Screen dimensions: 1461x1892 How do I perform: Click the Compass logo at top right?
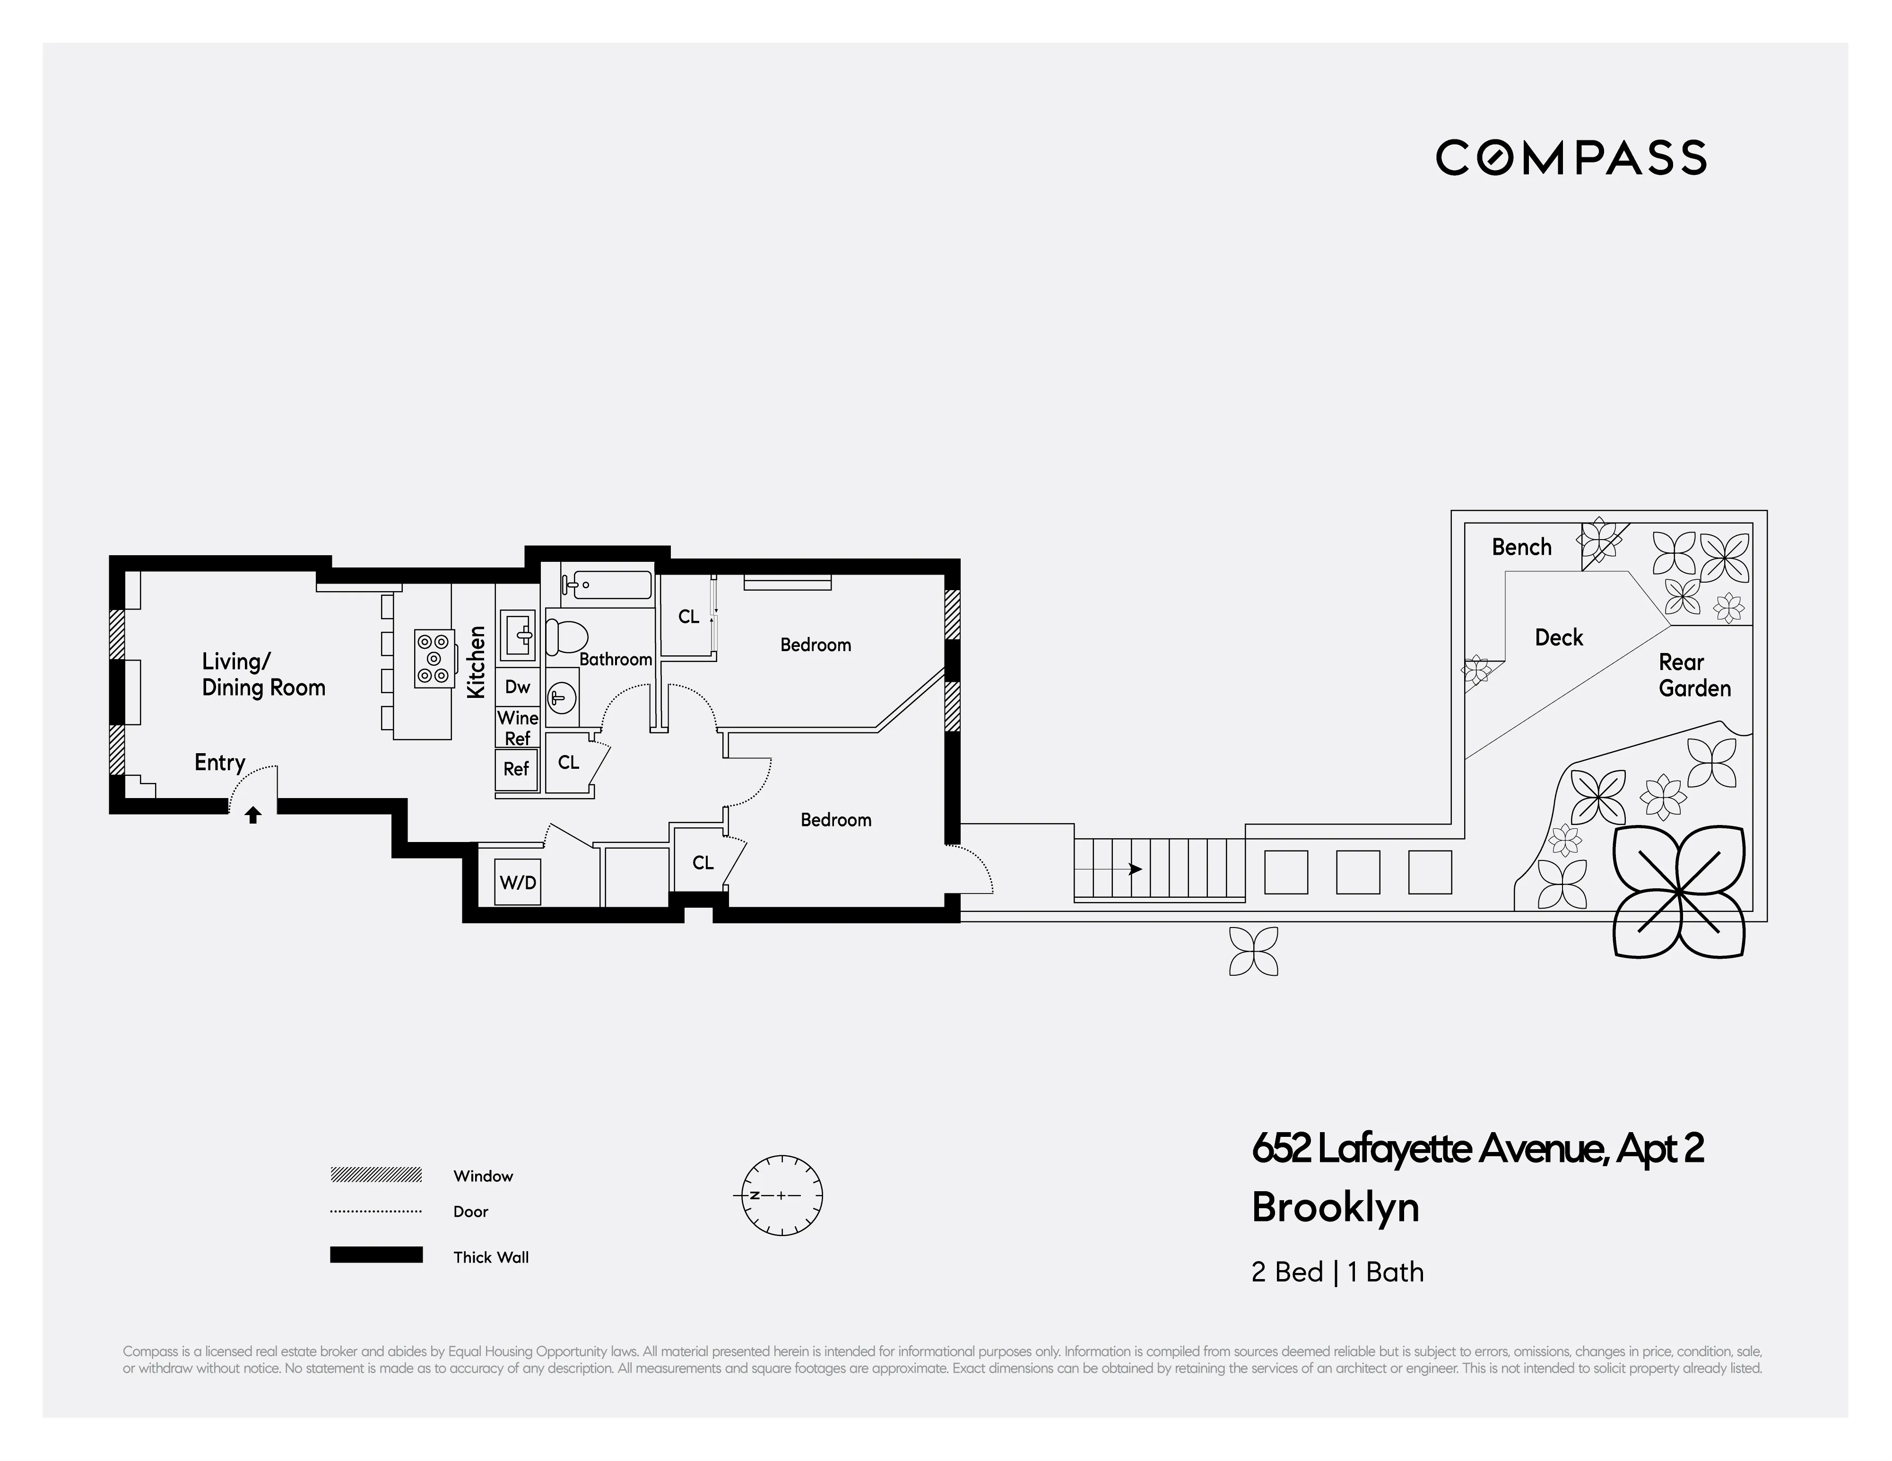click(x=1571, y=158)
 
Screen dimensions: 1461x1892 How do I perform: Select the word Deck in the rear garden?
click(x=1559, y=638)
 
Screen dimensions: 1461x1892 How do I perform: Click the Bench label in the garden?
click(x=1521, y=547)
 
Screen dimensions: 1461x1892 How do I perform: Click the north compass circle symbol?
click(x=781, y=1195)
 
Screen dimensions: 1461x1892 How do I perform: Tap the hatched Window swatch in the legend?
click(x=376, y=1175)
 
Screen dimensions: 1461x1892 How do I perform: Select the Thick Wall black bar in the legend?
click(x=376, y=1255)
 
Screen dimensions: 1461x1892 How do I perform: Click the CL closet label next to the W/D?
click(x=703, y=863)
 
